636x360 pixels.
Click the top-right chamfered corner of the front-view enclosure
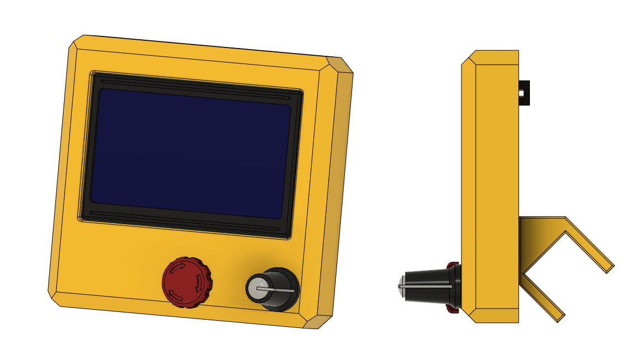(x=339, y=65)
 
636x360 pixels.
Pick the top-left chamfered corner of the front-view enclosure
(x=76, y=43)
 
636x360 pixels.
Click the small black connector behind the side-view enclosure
(x=524, y=92)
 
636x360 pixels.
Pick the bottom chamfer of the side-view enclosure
(x=468, y=315)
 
